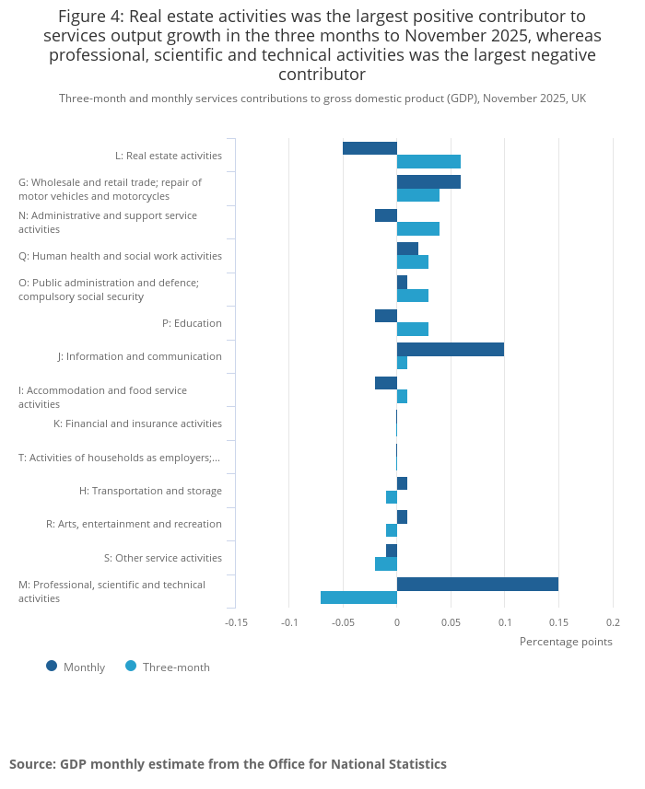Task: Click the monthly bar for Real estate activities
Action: click(370, 148)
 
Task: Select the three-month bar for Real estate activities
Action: click(429, 161)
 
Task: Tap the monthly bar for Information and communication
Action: click(451, 350)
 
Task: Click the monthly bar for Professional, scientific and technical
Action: click(478, 585)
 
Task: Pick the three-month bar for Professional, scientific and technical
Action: click(359, 598)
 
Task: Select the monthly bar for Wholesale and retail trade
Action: click(429, 181)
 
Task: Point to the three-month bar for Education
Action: click(413, 329)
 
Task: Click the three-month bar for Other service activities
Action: click(386, 564)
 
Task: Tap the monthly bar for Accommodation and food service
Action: click(386, 383)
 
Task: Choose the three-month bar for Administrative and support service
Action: click(418, 229)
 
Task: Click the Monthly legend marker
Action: click(52, 667)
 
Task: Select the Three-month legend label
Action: click(176, 667)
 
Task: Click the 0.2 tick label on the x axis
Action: click(614, 622)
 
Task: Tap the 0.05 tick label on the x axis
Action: click(451, 622)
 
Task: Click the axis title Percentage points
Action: click(566, 642)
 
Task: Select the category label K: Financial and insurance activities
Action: click(137, 424)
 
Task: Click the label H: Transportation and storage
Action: click(150, 491)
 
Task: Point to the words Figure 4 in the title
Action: click(90, 17)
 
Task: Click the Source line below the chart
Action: click(229, 764)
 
